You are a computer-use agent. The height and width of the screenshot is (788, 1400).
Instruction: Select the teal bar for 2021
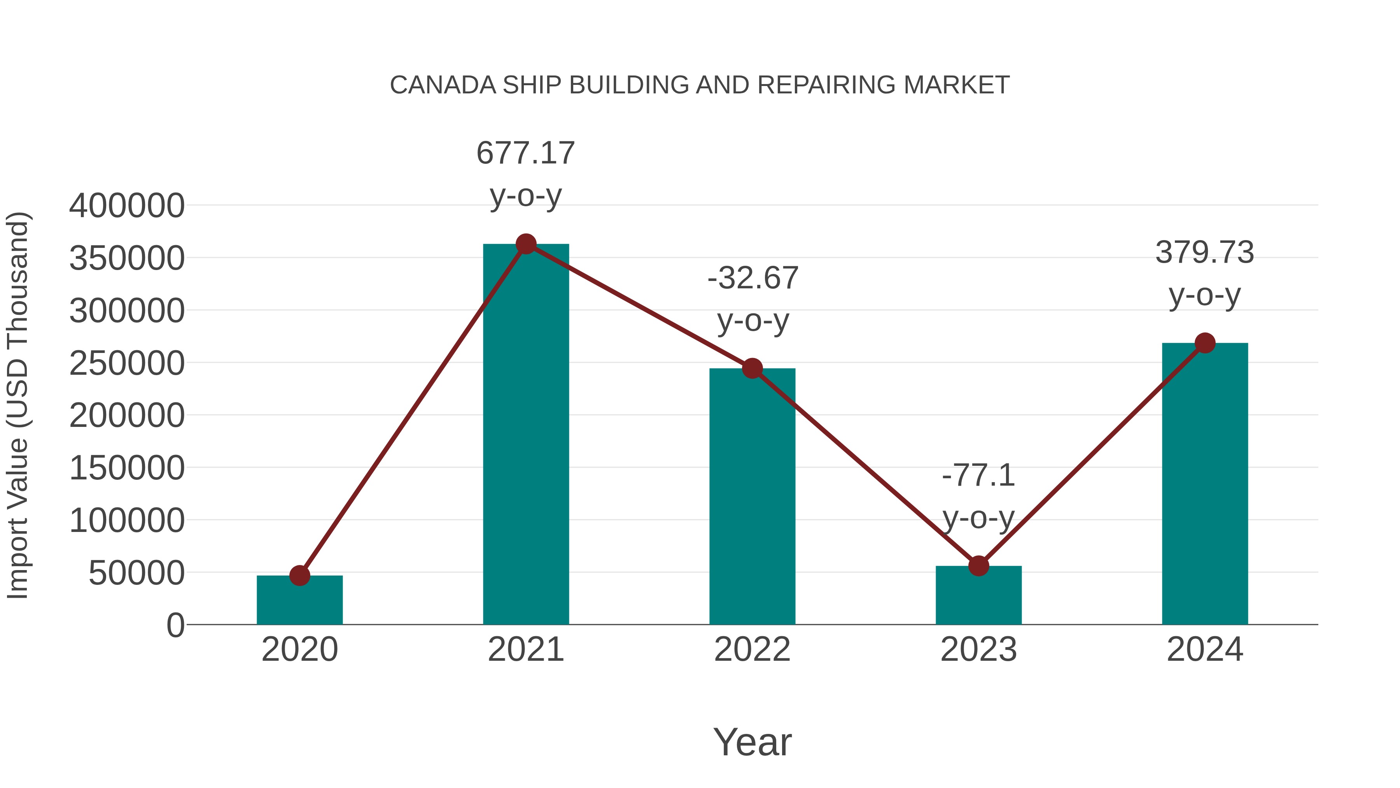[x=525, y=435]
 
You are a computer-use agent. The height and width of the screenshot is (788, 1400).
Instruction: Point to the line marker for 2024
[x=1205, y=343]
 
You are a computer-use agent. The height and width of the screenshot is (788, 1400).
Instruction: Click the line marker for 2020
[x=299, y=576]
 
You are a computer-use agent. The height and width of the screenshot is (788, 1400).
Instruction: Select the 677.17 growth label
[x=525, y=153]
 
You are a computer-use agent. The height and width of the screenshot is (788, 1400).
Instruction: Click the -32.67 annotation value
[x=753, y=279]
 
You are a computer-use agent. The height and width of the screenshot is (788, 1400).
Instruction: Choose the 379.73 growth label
[x=1205, y=253]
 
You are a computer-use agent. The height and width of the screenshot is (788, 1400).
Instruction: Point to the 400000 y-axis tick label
[x=127, y=206]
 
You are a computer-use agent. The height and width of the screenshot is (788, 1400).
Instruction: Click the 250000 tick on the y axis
[x=127, y=363]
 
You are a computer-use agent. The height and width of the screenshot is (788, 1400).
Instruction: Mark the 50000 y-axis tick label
[x=136, y=573]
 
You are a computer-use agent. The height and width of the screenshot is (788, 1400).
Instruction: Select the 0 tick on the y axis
[x=175, y=625]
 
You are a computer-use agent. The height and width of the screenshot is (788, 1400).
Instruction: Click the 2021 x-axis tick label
[x=525, y=650]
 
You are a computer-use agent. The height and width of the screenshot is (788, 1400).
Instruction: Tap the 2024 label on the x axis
[x=1205, y=650]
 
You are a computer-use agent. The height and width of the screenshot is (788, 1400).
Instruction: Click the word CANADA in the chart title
[x=443, y=85]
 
